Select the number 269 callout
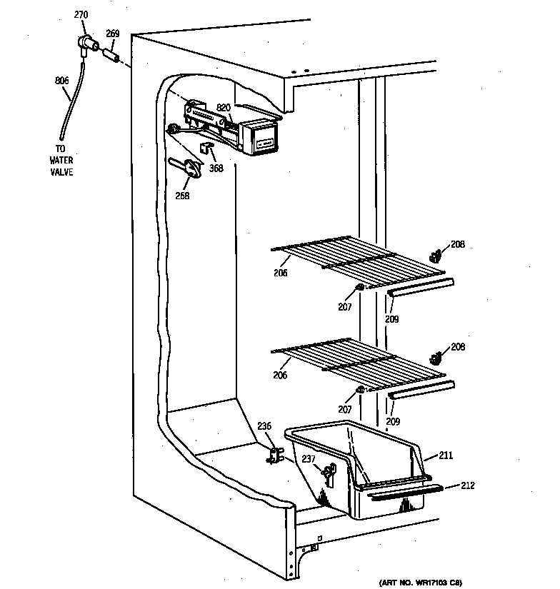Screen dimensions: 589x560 [x=113, y=33]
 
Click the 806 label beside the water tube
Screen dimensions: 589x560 [x=61, y=81]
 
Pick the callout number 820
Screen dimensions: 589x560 [x=224, y=107]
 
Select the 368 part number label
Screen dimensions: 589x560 [x=216, y=168]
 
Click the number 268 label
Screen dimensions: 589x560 [x=183, y=196]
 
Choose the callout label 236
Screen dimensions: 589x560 [x=264, y=426]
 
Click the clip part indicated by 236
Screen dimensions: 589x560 [x=274, y=455]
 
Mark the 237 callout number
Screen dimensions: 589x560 [x=309, y=459]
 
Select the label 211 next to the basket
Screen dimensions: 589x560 [x=446, y=454]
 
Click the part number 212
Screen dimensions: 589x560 [x=467, y=486]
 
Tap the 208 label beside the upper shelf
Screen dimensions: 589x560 [x=458, y=244]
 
